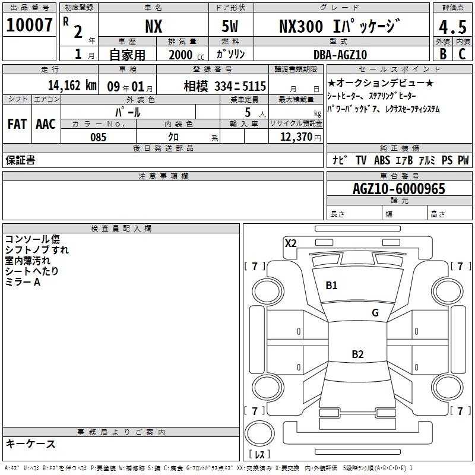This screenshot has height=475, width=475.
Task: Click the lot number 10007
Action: click(29, 25)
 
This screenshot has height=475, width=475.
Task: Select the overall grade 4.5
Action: click(452, 27)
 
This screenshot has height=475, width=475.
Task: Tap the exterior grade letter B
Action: click(443, 54)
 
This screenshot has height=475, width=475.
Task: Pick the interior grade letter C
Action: click(462, 54)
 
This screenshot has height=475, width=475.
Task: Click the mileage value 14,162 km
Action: click(72, 85)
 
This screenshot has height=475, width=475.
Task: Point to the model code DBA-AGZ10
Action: click(340, 55)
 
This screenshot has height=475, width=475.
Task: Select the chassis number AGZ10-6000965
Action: click(399, 189)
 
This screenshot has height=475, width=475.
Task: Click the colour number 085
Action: click(98, 137)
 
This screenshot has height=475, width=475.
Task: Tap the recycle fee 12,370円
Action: click(300, 137)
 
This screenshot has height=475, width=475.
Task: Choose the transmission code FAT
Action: click(17, 124)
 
